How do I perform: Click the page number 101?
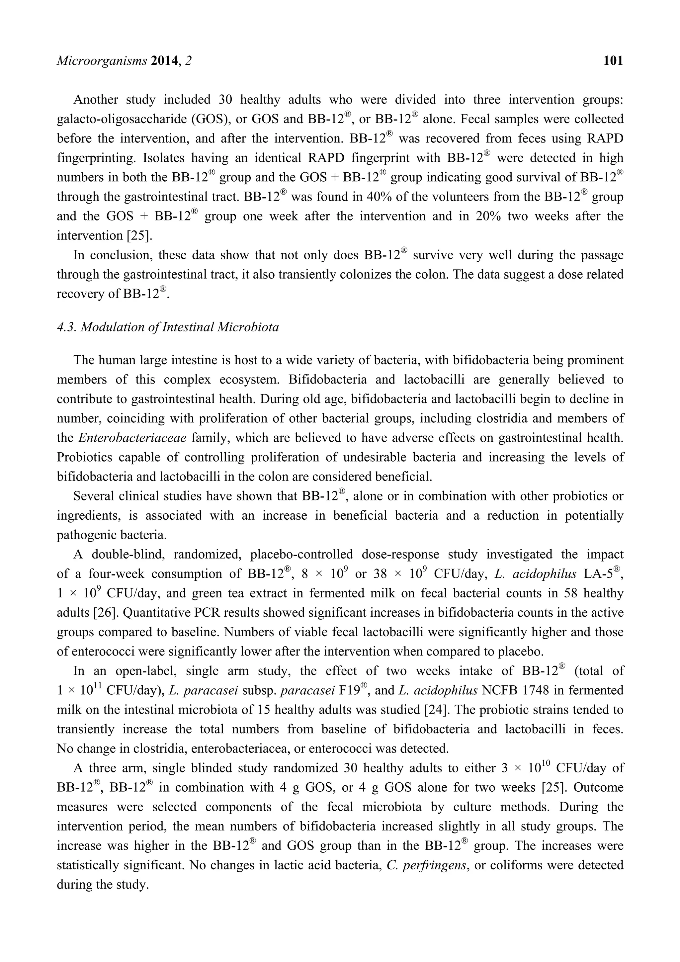click(613, 61)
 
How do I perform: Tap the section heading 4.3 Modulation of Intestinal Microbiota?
click(168, 327)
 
